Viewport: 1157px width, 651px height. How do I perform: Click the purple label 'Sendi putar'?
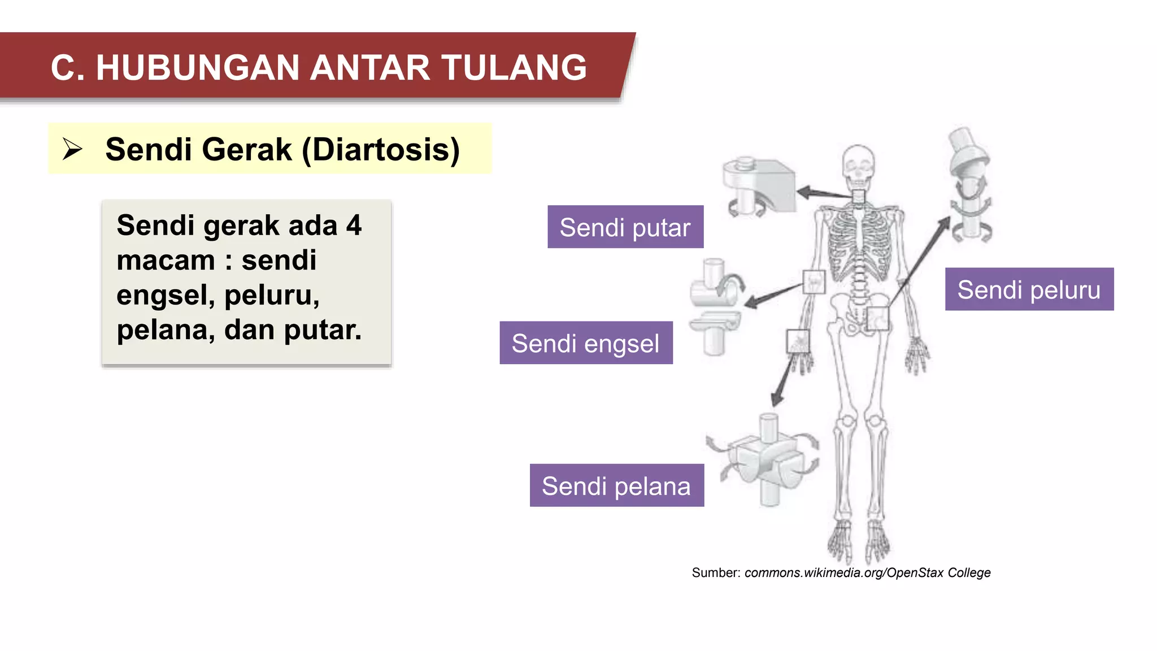pos(625,227)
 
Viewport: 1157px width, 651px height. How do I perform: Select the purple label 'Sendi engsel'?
pos(586,343)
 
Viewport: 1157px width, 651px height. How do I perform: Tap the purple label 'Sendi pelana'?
pos(616,485)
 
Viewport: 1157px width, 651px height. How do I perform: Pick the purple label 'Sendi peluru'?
pos(1029,289)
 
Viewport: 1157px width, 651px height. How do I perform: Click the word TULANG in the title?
pos(514,68)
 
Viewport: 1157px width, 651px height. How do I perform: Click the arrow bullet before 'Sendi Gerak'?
pos(72,149)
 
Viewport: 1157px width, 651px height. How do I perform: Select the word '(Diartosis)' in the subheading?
pos(381,149)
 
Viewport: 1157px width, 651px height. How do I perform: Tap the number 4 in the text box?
pos(354,225)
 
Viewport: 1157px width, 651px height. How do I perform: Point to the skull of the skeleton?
pos(858,164)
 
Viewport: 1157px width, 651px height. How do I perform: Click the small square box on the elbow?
pos(814,281)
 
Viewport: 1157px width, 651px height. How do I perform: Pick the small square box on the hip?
pos(877,318)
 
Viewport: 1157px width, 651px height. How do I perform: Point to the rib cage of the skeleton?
pos(858,243)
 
